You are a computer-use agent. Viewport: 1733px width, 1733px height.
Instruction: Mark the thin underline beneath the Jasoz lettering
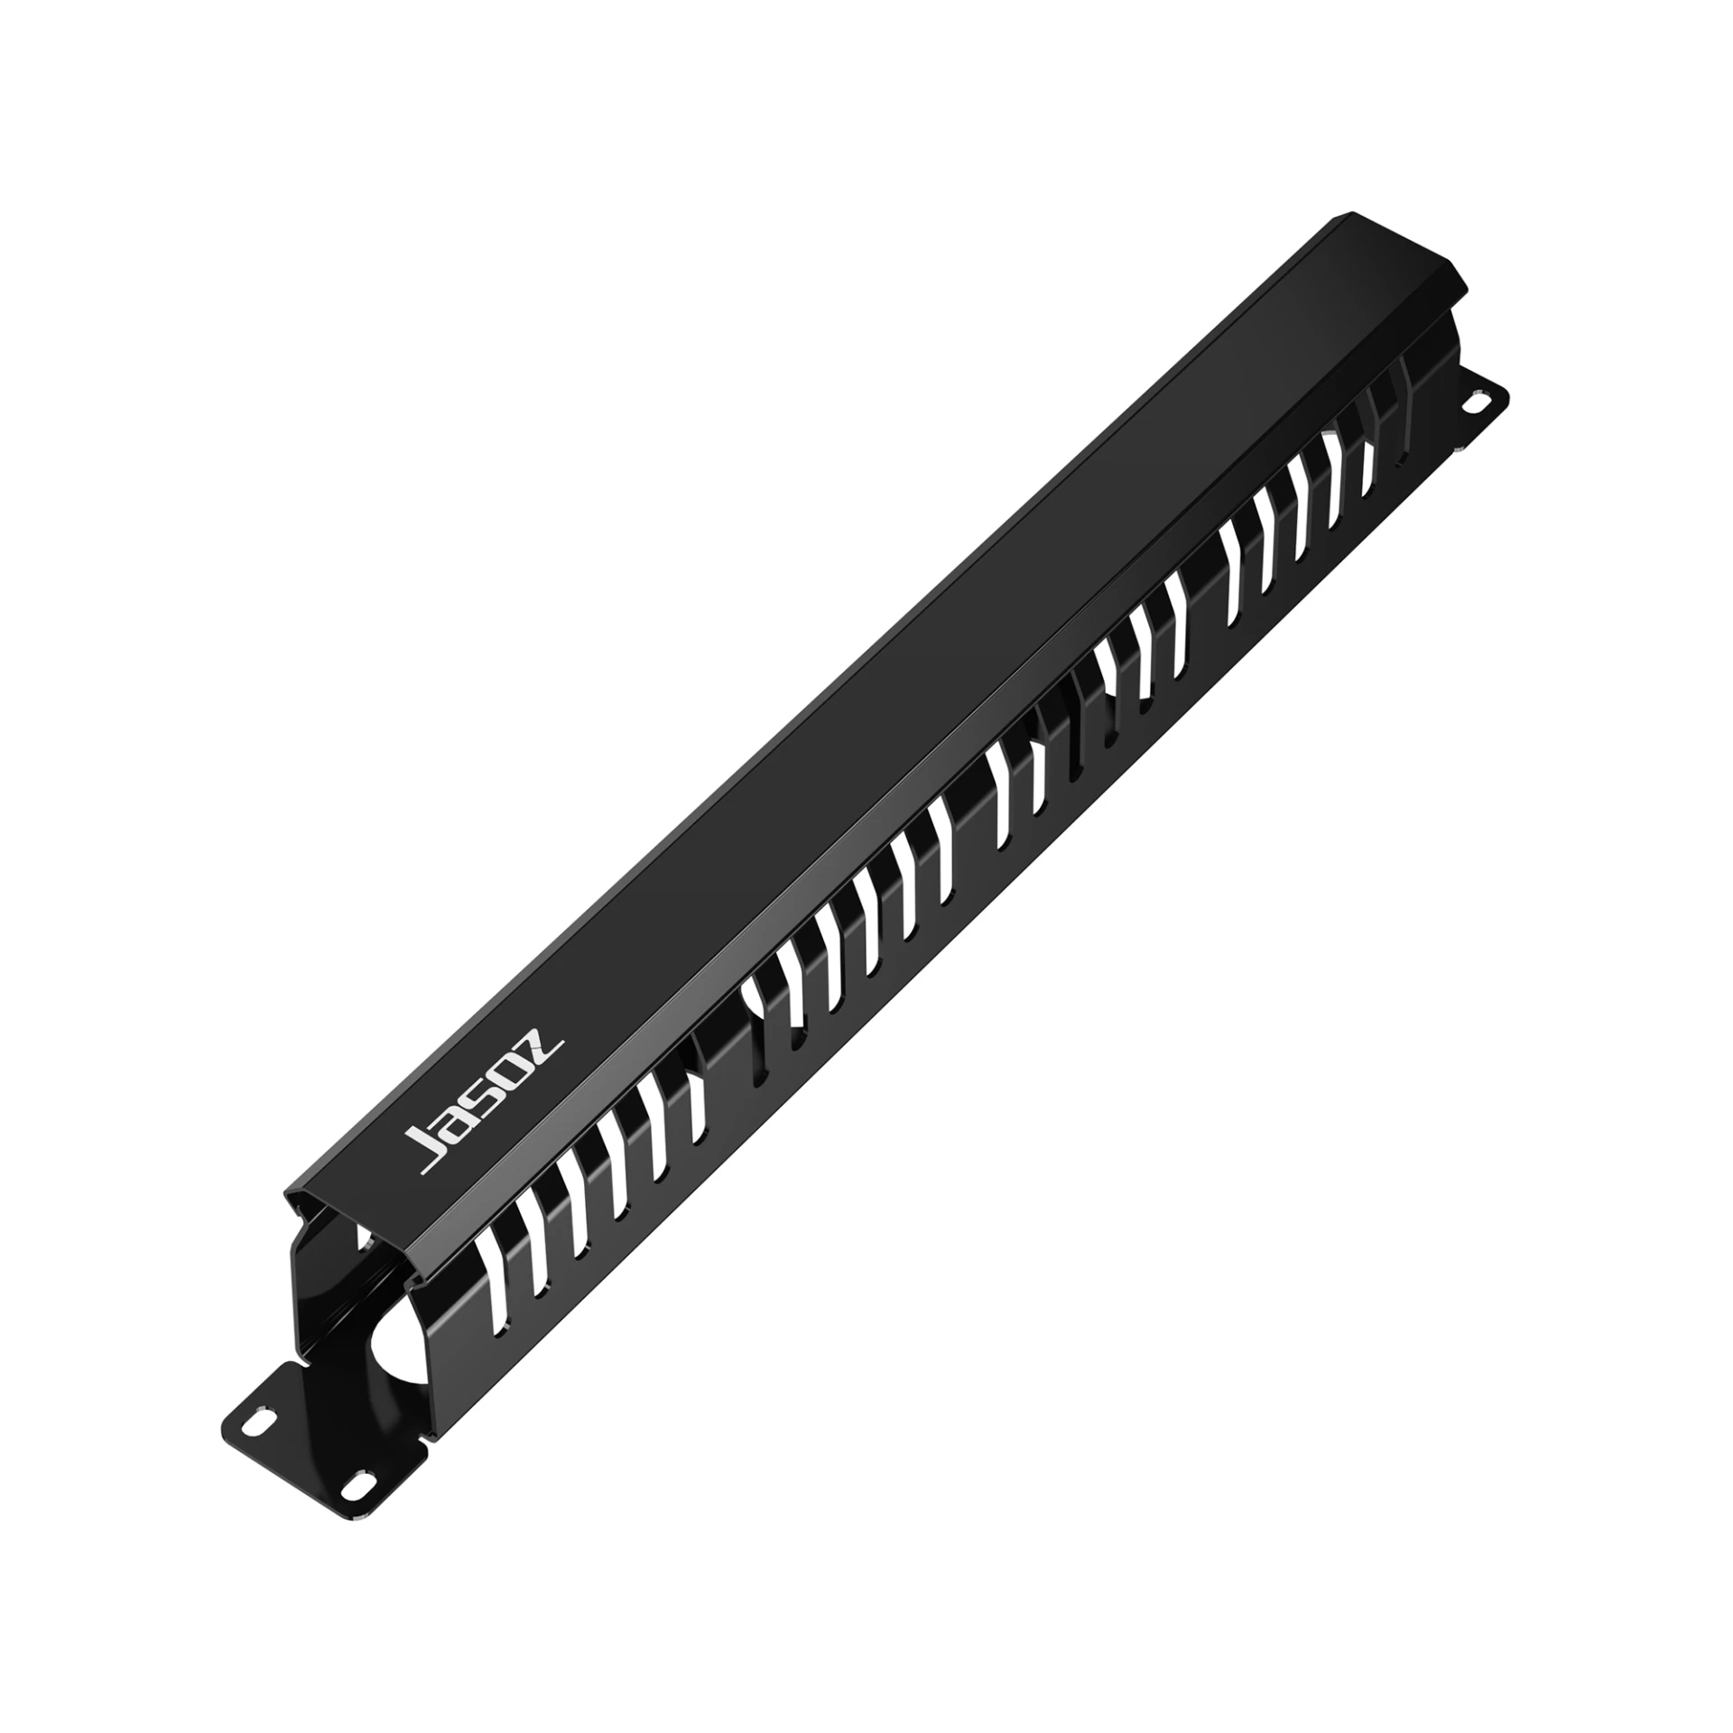[x=495, y=1110]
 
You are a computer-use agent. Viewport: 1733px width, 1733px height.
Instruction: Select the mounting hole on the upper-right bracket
[x=1478, y=401]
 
